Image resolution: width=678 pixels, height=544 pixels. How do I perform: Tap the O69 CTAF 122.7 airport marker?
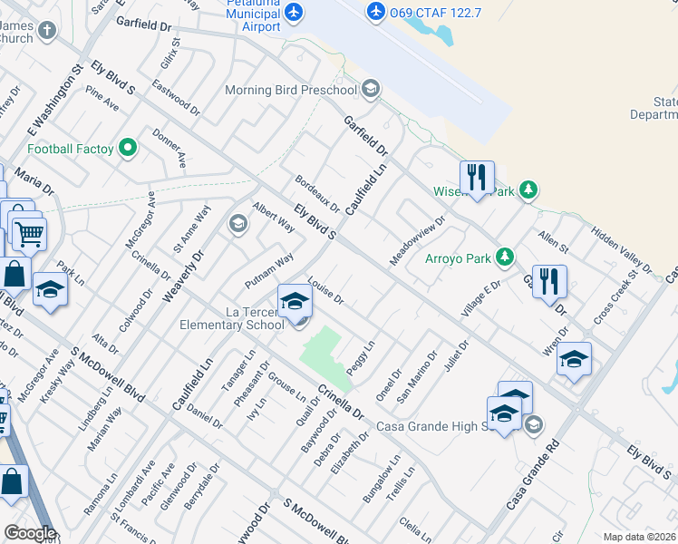(376, 11)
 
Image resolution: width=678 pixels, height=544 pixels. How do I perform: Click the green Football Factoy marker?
(128, 148)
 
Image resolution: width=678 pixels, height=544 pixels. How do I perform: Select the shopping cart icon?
(29, 234)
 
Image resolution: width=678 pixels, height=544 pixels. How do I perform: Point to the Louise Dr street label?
(326, 291)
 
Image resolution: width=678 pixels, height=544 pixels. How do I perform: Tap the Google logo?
(30, 533)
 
